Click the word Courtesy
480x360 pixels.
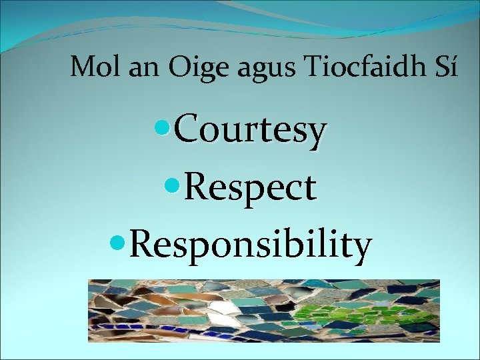(250, 131)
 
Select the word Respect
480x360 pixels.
(250, 188)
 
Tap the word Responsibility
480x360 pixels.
(250, 245)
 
